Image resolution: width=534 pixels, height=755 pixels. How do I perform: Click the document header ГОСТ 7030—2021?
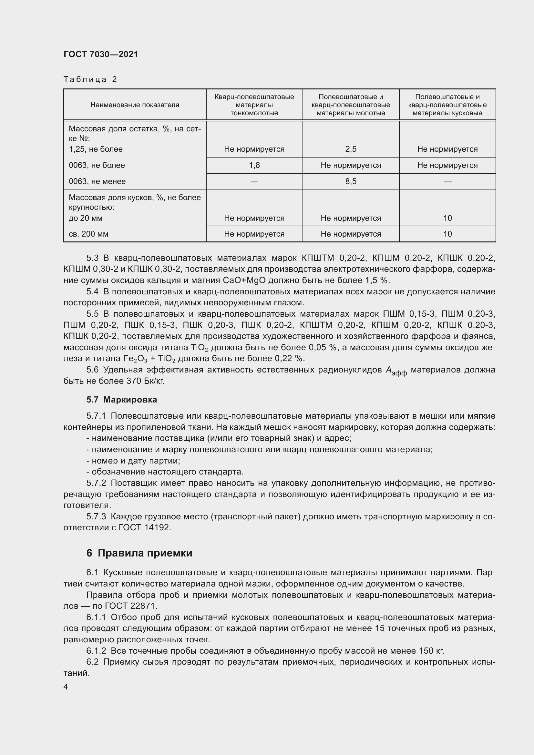coord(101,54)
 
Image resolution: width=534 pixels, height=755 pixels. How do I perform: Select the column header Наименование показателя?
coord(135,105)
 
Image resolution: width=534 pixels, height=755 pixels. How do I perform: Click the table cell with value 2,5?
coord(351,149)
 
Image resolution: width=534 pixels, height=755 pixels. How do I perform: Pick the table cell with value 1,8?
coord(254,165)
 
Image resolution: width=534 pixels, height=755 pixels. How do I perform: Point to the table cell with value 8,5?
coord(351,181)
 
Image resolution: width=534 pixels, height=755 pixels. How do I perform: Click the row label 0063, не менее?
coord(97,181)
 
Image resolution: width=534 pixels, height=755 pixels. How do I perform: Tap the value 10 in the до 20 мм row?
coord(447,218)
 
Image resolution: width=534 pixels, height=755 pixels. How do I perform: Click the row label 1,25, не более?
coord(95,149)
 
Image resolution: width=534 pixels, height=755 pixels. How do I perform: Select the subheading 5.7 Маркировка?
coord(121,400)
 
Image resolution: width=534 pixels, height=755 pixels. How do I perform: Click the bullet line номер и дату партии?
coord(133,460)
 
